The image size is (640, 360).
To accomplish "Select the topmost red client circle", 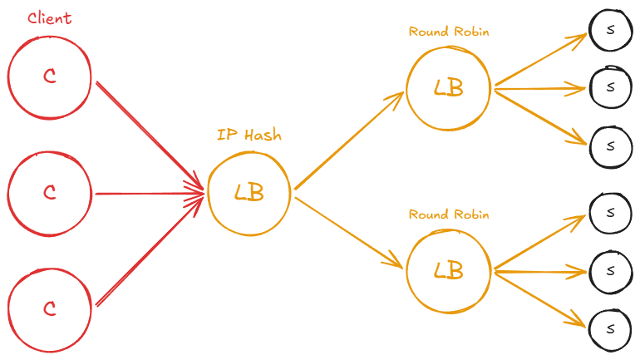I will point(49,77).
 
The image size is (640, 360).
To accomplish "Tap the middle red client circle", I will point(49,193).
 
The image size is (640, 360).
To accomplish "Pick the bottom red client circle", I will point(49,308).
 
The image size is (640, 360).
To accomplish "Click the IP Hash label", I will point(249,135).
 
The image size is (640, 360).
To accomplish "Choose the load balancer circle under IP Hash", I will point(249,193).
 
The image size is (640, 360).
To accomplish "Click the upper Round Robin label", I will point(449,32).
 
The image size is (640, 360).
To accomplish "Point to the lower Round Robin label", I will point(449,215).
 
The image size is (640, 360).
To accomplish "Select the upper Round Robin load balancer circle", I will point(449,87).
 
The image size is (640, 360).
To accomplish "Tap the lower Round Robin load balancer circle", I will point(449,270).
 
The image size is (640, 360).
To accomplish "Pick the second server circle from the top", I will point(611,86).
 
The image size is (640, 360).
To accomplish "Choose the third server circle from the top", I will point(611,145).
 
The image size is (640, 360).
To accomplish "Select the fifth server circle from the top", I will point(611,269).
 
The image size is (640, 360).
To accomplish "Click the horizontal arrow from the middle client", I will point(150,194).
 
